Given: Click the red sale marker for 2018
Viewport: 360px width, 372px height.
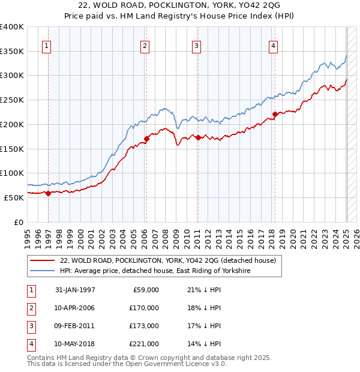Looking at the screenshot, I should click(275, 114).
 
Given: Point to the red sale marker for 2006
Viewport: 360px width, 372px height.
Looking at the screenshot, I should click(146, 139).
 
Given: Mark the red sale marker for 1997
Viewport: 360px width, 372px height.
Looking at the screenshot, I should click(49, 193).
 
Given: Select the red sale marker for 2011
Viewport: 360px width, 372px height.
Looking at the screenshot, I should click(198, 137).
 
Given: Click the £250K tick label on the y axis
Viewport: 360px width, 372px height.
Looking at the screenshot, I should click(12, 100).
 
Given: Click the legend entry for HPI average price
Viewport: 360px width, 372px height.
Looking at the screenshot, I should click(154, 271).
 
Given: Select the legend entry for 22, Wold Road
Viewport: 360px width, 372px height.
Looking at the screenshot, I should click(167, 260).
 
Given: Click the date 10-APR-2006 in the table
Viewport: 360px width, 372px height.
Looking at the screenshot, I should click(74, 308).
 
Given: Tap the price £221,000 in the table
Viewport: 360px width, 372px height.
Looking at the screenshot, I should click(144, 344).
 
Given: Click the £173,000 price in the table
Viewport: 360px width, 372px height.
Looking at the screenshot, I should click(144, 326).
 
